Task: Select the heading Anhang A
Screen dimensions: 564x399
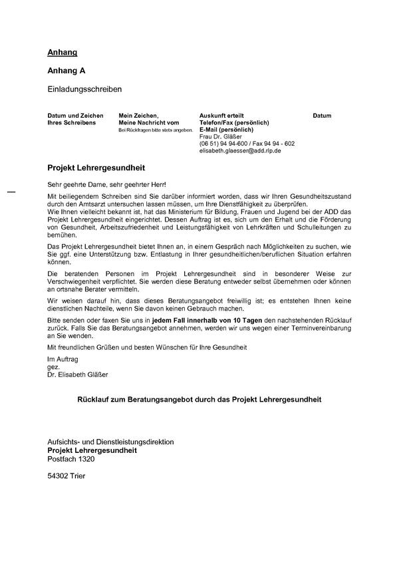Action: [66, 70]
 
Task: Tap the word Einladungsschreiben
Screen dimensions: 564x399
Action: [85, 88]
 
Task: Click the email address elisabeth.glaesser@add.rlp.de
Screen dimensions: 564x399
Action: [241, 151]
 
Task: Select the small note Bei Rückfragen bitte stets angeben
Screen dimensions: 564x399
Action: [155, 130]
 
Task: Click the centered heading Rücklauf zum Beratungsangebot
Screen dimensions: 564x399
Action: [199, 400]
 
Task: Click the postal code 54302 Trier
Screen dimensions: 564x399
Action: [66, 476]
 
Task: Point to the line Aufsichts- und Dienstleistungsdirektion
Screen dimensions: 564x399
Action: [110, 442]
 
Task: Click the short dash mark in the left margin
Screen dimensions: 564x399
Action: [11, 192]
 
